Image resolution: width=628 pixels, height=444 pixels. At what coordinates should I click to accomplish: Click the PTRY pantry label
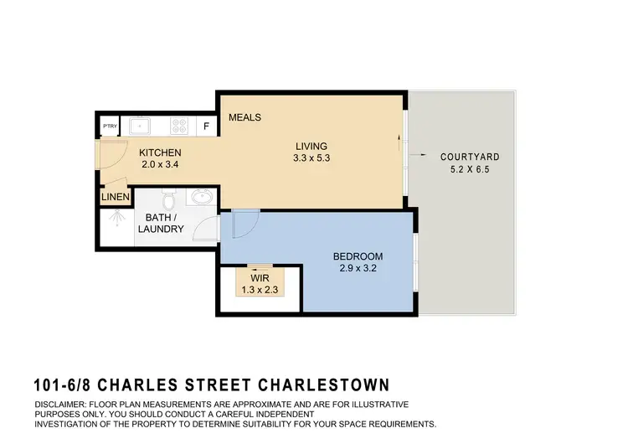coord(110,126)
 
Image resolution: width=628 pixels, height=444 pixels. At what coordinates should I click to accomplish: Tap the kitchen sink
coord(141,126)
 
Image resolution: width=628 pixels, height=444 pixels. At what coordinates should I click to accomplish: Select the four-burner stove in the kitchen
coord(178,126)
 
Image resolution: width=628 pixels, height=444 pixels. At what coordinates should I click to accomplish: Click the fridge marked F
coord(206,126)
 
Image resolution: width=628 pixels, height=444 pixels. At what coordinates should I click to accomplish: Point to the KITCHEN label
coord(159,152)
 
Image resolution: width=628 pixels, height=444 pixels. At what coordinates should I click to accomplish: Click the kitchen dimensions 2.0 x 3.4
coord(159,165)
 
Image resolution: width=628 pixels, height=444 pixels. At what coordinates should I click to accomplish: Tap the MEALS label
coord(245,117)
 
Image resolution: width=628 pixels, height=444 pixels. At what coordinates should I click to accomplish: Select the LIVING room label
coord(311,146)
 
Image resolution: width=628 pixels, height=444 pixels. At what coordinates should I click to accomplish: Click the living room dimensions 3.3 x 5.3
coord(311,158)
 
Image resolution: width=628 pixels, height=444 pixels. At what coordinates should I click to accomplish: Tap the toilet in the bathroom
coord(167,200)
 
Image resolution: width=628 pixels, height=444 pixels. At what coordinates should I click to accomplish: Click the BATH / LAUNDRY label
coord(161,223)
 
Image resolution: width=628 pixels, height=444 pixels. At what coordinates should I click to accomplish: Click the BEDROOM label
coord(358,256)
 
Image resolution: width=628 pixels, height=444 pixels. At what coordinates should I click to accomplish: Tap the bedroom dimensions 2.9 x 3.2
coord(358,269)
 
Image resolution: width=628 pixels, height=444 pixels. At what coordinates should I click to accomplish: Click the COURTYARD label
coord(470,157)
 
